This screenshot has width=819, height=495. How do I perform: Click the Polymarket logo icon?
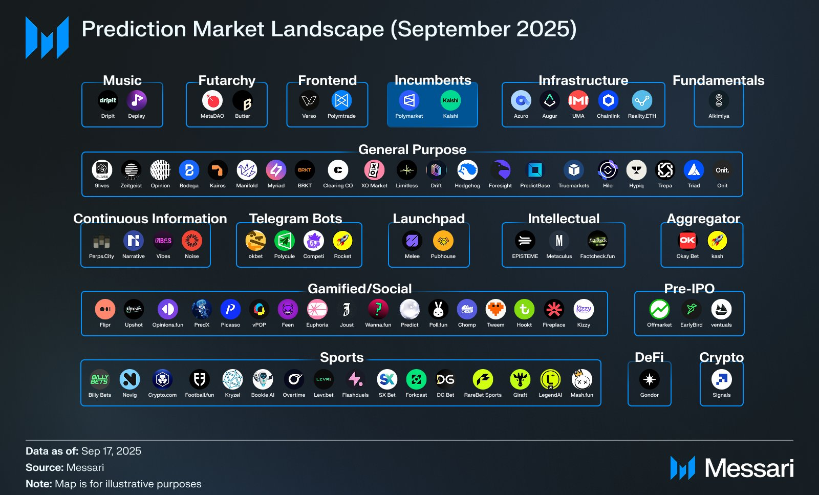tap(409, 100)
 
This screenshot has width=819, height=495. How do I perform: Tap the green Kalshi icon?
tap(450, 100)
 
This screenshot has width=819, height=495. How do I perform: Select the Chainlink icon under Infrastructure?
tap(608, 100)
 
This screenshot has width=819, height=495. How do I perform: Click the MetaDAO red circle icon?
tap(212, 100)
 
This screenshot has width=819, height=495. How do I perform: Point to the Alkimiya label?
tap(719, 116)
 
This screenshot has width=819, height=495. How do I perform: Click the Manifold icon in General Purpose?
tap(247, 170)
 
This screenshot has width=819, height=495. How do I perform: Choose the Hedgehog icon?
tap(467, 170)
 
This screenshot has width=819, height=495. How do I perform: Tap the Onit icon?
tap(722, 170)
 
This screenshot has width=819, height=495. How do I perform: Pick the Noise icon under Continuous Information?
tap(192, 241)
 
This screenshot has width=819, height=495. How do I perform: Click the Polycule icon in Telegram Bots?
tap(285, 241)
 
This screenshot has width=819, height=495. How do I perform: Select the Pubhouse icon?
tap(443, 241)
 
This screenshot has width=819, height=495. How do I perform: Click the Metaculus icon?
tap(559, 241)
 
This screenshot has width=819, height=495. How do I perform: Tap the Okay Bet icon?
tap(687, 241)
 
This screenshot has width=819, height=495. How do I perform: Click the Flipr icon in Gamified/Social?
tap(105, 309)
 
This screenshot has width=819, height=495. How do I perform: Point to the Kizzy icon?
tap(584, 309)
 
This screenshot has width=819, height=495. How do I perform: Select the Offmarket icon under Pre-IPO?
tap(659, 309)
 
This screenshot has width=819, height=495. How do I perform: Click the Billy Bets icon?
tap(100, 379)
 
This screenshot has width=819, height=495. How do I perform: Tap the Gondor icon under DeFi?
tap(650, 379)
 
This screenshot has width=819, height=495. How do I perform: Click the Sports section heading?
tap(341, 357)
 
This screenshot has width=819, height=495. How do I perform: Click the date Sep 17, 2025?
tap(111, 451)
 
